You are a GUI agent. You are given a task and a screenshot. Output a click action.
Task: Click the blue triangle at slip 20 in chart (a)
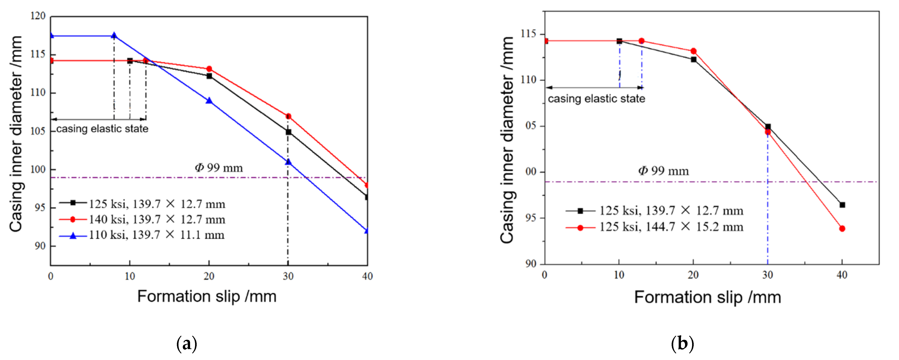pyautogui.click(x=209, y=101)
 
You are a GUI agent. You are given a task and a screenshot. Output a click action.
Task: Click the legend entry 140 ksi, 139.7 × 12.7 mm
pyautogui.click(x=157, y=219)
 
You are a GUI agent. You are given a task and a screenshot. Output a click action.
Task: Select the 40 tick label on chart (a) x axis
pyautogui.click(x=367, y=276)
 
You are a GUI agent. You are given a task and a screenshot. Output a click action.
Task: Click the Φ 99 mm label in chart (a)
pyautogui.click(x=219, y=168)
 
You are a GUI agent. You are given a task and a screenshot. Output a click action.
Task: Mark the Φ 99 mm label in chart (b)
pyautogui.click(x=663, y=171)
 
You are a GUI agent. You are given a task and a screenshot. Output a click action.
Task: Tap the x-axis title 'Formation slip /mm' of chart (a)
pyautogui.click(x=207, y=297)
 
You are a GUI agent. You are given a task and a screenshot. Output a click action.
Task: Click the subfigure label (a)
pyautogui.click(x=187, y=344)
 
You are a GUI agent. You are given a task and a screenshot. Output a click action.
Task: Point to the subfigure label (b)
pyautogui.click(x=682, y=344)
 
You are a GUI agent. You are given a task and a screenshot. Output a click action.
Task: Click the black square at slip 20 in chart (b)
pyautogui.click(x=693, y=60)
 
